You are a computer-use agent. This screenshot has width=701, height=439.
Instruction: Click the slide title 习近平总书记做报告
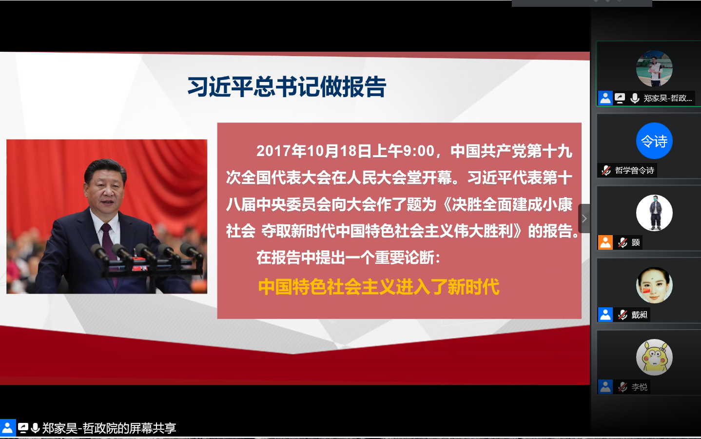[287, 87]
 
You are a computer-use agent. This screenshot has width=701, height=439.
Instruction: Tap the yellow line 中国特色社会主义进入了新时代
[379, 287]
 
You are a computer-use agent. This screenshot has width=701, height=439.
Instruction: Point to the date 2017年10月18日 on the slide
[314, 151]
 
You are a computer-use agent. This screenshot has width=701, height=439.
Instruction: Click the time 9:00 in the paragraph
[419, 151]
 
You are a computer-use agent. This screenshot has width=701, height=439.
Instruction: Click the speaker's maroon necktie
[109, 247]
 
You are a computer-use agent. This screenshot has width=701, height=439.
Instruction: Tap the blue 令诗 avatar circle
[654, 141]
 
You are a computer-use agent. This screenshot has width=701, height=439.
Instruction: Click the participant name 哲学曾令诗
[634, 170]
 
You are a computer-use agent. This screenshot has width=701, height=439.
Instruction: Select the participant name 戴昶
[639, 315]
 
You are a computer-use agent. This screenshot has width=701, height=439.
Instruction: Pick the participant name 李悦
[639, 387]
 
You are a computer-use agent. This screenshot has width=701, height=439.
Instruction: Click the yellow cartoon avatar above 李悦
[654, 357]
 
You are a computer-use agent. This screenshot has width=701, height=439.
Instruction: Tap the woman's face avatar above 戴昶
[654, 285]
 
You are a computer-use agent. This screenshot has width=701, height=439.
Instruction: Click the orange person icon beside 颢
[605, 242]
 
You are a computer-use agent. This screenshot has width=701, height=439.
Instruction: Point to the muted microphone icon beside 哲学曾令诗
[606, 170]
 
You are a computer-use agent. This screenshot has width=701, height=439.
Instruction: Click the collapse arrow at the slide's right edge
[584, 219]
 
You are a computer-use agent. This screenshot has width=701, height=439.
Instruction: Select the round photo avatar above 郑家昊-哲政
[654, 69]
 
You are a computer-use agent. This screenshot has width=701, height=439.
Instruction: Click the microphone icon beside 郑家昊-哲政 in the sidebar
[635, 99]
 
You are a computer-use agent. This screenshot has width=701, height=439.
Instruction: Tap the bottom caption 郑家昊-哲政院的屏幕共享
[109, 428]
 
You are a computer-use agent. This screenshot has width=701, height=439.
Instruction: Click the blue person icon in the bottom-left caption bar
[7, 428]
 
